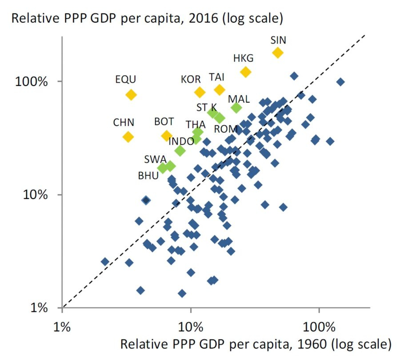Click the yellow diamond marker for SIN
coord(278,53)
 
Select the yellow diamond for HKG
coord(245,72)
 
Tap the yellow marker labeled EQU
coord(131,95)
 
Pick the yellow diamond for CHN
coord(128,137)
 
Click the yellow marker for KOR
coord(200,92)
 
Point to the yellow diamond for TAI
coord(219,89)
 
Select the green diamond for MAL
coord(236,107)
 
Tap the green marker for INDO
coord(180,150)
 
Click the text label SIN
coord(278,40)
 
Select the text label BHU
coord(148,176)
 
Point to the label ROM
coord(226,129)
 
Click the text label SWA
coord(156,159)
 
